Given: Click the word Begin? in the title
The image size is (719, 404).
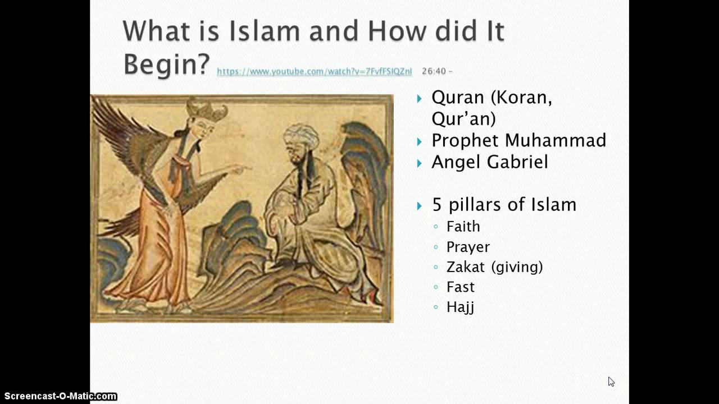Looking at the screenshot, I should coord(166,64).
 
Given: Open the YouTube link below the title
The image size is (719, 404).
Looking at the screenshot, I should coord(314,71).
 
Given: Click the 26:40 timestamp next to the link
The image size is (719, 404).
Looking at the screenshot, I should coord(434,71).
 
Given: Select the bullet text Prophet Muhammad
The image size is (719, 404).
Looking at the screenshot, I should coord(518,140).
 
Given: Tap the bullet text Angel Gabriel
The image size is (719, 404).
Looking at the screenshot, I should coord(489,162).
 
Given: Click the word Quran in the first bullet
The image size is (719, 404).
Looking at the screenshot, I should coord(457,98).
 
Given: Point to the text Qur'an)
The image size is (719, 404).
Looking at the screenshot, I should coord(463,118).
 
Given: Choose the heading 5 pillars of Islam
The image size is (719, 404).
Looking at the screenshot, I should coord(504,205).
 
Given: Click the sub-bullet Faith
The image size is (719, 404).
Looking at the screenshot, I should coord(463,227).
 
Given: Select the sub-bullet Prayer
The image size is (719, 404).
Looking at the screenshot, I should coord(468,247).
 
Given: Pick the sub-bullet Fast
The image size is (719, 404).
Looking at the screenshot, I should coord(460,287).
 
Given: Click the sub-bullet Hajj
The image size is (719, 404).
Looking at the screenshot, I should coord(460,307).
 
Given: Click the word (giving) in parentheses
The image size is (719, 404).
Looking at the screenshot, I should coord(517,267).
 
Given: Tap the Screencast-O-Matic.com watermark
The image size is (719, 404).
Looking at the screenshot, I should coord(58,396).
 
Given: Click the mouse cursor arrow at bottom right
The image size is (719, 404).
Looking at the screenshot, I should coord(611,382).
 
